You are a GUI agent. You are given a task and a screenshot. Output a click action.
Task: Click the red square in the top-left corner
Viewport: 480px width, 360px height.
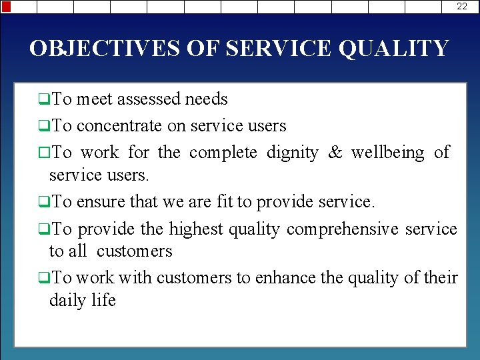6,7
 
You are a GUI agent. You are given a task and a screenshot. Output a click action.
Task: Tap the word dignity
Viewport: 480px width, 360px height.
292,153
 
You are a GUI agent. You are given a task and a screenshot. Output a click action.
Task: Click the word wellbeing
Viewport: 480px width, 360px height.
387,153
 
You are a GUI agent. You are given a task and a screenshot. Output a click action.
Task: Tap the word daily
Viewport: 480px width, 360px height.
68,301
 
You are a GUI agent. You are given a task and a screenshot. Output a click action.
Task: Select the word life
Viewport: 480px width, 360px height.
104,301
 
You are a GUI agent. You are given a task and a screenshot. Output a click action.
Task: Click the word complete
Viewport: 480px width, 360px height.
223,153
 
